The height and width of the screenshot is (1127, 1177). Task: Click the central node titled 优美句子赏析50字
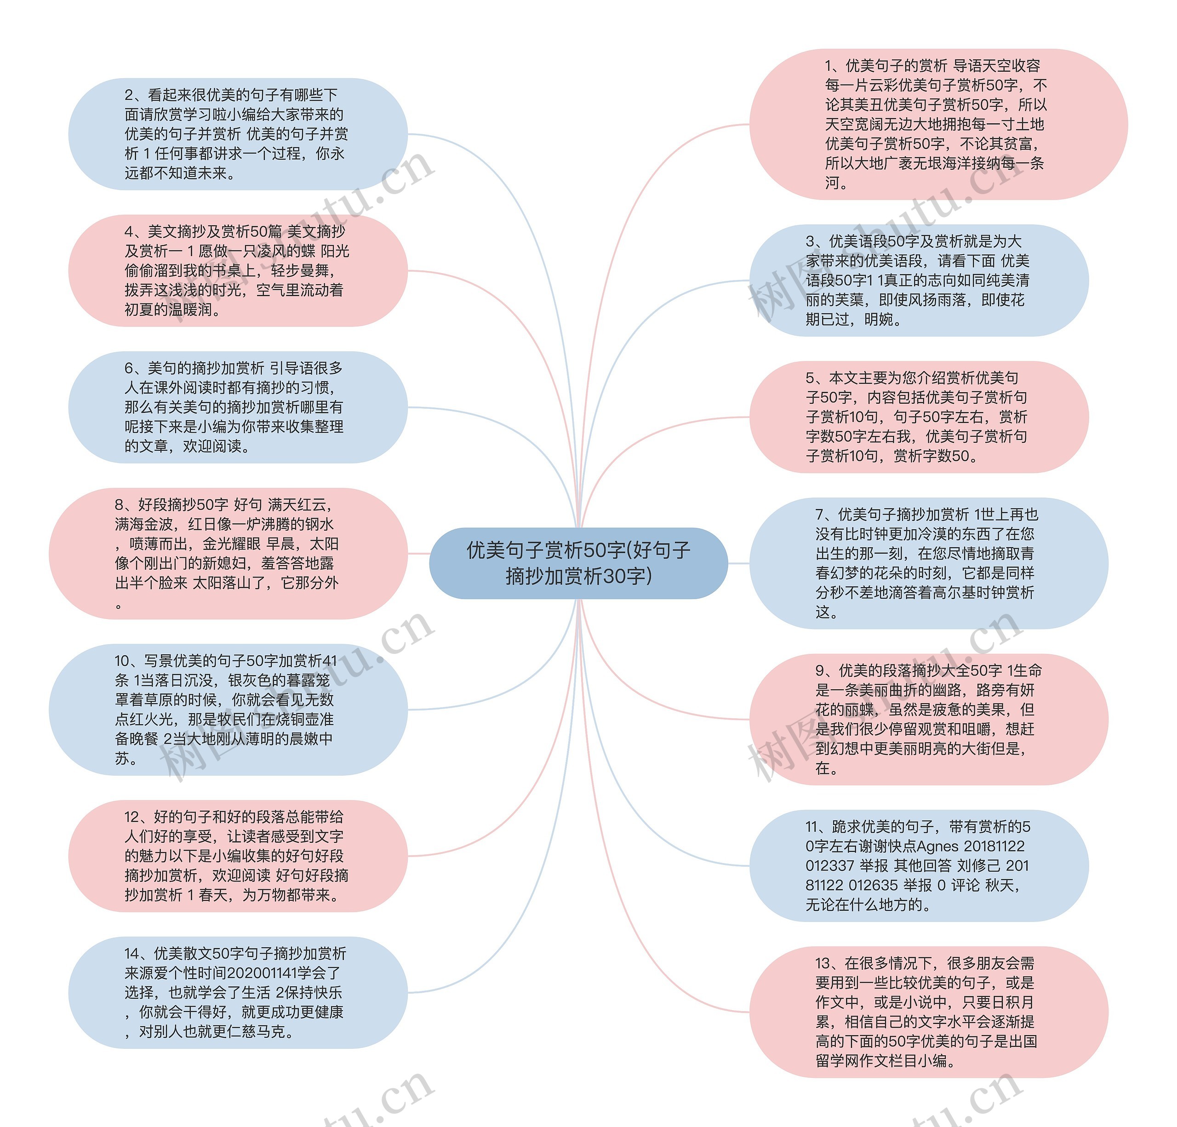point(578,563)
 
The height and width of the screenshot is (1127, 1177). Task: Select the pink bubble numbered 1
point(938,124)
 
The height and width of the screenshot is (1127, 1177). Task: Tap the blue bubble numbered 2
point(238,134)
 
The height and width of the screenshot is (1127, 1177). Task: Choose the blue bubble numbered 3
point(919,280)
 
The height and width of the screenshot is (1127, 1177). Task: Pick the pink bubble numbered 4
point(238,271)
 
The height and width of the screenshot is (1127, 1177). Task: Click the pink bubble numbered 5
point(919,417)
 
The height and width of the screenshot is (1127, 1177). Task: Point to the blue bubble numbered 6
point(238,407)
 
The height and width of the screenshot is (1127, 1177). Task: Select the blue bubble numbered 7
point(928,563)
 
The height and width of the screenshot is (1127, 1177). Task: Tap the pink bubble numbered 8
point(228,554)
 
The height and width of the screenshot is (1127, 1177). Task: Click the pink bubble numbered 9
point(928,719)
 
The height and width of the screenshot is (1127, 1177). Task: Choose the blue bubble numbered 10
point(228,709)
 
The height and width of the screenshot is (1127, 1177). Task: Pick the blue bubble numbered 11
point(919,866)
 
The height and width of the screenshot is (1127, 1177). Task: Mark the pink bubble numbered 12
point(238,856)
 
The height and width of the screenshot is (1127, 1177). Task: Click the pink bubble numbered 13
point(928,1013)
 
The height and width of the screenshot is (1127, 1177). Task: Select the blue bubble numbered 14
point(238,992)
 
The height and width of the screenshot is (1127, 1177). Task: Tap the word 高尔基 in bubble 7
point(965,593)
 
